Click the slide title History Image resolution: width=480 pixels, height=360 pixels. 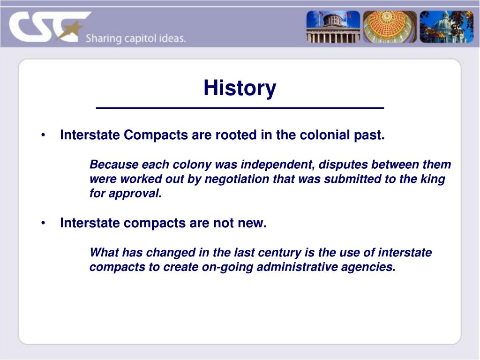pyautogui.click(x=240, y=88)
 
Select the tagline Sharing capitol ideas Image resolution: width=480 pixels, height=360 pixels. pyautogui.click(x=135, y=39)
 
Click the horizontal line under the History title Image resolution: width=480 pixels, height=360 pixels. pyautogui.click(x=240, y=108)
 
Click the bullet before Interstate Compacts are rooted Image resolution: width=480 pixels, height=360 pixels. pyautogui.click(x=43, y=135)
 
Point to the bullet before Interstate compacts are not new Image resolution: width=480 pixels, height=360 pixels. pyautogui.click(x=43, y=224)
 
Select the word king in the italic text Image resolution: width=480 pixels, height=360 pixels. pyautogui.click(x=435, y=180)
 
